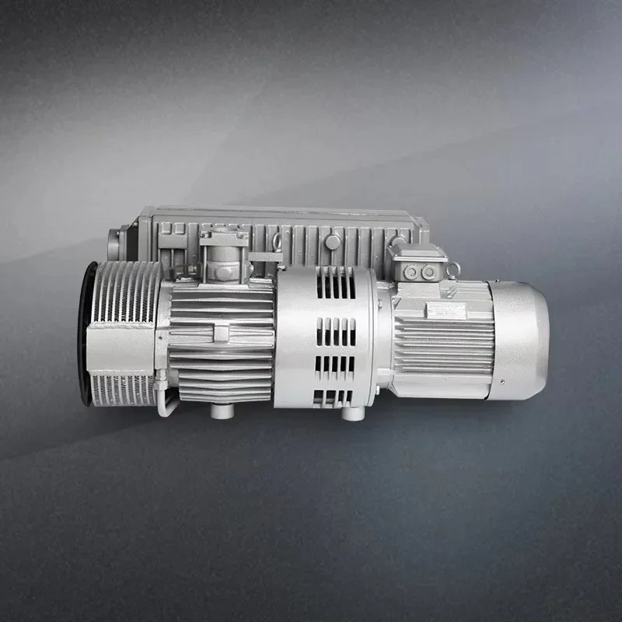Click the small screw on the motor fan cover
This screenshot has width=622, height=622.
(501, 382)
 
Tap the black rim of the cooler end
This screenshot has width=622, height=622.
(84, 334)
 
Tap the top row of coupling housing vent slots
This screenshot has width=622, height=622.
(335, 286)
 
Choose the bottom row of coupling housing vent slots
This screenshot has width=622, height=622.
(334, 398)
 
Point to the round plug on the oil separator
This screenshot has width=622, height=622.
(333, 242)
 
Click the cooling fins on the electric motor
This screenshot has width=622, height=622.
(443, 342)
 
